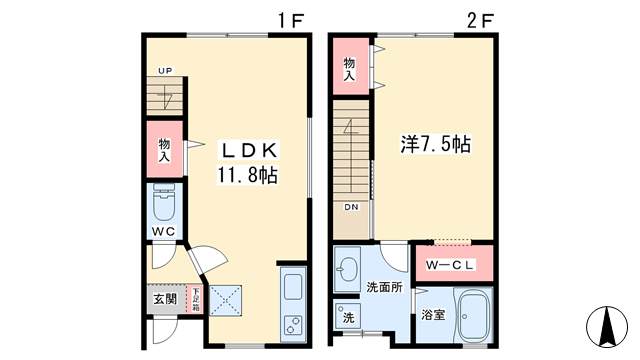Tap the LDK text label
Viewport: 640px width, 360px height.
click(249, 150)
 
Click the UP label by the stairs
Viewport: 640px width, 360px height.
click(163, 71)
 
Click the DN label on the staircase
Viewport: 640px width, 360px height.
click(352, 207)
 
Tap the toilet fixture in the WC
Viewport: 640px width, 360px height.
click(163, 204)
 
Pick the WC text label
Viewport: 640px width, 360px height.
click(163, 233)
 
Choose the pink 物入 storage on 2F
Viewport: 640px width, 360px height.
click(350, 66)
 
